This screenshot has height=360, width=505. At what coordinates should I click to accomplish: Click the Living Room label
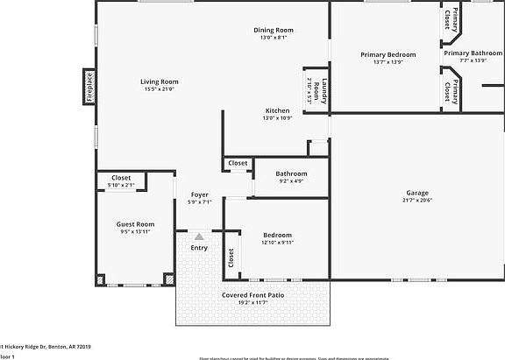tap(159, 81)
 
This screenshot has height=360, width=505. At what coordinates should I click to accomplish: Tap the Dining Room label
tap(273, 30)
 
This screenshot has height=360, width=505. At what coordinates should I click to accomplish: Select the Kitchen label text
tap(278, 110)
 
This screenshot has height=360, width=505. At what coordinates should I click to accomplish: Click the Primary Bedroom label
tap(388, 54)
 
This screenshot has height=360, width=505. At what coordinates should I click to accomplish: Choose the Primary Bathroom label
tap(473, 53)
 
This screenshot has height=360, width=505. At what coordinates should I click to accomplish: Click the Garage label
tap(416, 193)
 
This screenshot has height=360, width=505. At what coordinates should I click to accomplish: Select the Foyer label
tap(200, 194)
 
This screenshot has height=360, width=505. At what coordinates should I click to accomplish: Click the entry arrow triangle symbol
tap(200, 236)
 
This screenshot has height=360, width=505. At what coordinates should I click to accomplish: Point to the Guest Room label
tap(135, 224)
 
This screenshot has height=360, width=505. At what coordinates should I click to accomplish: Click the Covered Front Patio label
tap(252, 295)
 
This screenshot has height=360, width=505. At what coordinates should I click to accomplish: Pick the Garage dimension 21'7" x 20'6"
tap(416, 201)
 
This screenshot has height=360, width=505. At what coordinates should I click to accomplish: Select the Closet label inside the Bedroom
tap(231, 258)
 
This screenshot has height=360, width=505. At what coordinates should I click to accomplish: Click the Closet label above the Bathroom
tap(238, 163)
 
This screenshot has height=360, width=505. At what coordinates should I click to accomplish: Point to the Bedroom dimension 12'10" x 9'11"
tap(278, 243)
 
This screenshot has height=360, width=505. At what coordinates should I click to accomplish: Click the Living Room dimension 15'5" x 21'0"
tap(159, 89)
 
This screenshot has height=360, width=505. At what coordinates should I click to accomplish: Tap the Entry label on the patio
tap(200, 249)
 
